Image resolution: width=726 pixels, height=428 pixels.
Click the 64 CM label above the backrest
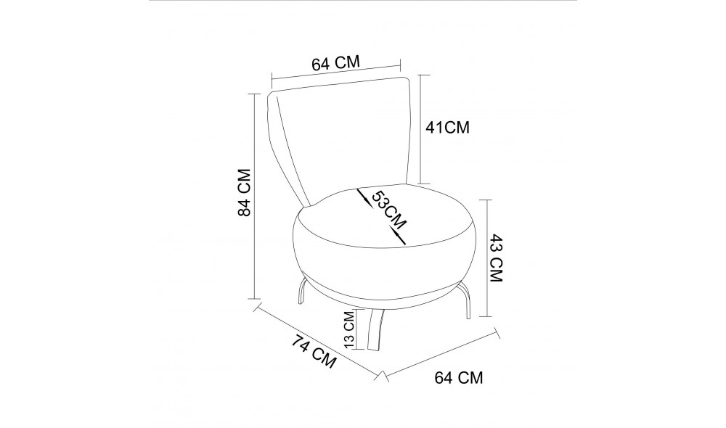click(336, 63)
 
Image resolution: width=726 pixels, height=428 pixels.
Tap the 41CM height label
click(447, 128)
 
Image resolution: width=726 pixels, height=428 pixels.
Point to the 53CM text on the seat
click(385, 208)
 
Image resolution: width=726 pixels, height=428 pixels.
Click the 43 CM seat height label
click(497, 258)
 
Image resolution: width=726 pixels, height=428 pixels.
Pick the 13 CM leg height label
click(349, 330)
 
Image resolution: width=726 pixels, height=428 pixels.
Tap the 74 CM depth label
click(314, 351)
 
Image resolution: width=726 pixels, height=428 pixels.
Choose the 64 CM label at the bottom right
click(458, 377)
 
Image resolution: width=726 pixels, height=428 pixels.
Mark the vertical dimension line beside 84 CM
click(254, 196)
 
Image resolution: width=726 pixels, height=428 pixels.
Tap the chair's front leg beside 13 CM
click(376, 330)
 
